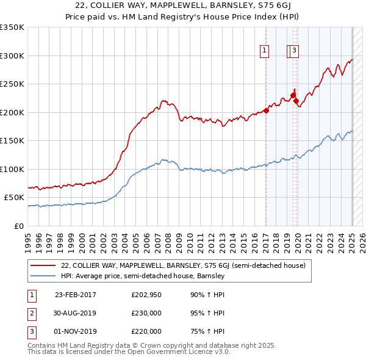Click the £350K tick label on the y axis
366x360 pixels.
pyautogui.click(x=12, y=27)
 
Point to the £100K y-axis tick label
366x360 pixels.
pyautogui.click(x=12, y=169)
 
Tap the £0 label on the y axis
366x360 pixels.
pyautogui.click(x=20, y=226)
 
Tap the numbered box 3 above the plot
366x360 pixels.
pyautogui.click(x=294, y=51)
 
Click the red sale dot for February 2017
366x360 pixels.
pyautogui.click(x=266, y=111)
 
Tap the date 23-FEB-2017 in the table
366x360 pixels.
pyautogui.click(x=76, y=295)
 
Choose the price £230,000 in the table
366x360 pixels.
pyautogui.click(x=146, y=313)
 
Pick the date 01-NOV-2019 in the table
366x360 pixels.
pyautogui.click(x=76, y=331)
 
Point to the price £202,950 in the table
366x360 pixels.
pyautogui.click(x=146, y=295)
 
